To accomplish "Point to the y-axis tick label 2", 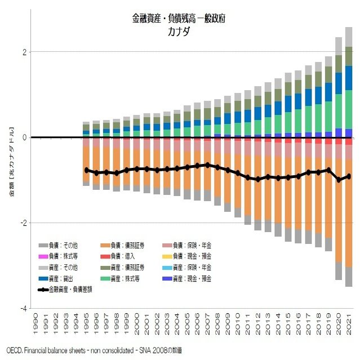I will tap(24, 52).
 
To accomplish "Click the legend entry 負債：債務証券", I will tap(121, 245).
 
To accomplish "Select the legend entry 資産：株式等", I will tap(121, 278).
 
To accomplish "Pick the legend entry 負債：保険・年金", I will tap(186, 245).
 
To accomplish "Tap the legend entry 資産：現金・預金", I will tap(186, 278).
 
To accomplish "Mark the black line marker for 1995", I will tap(86, 170).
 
